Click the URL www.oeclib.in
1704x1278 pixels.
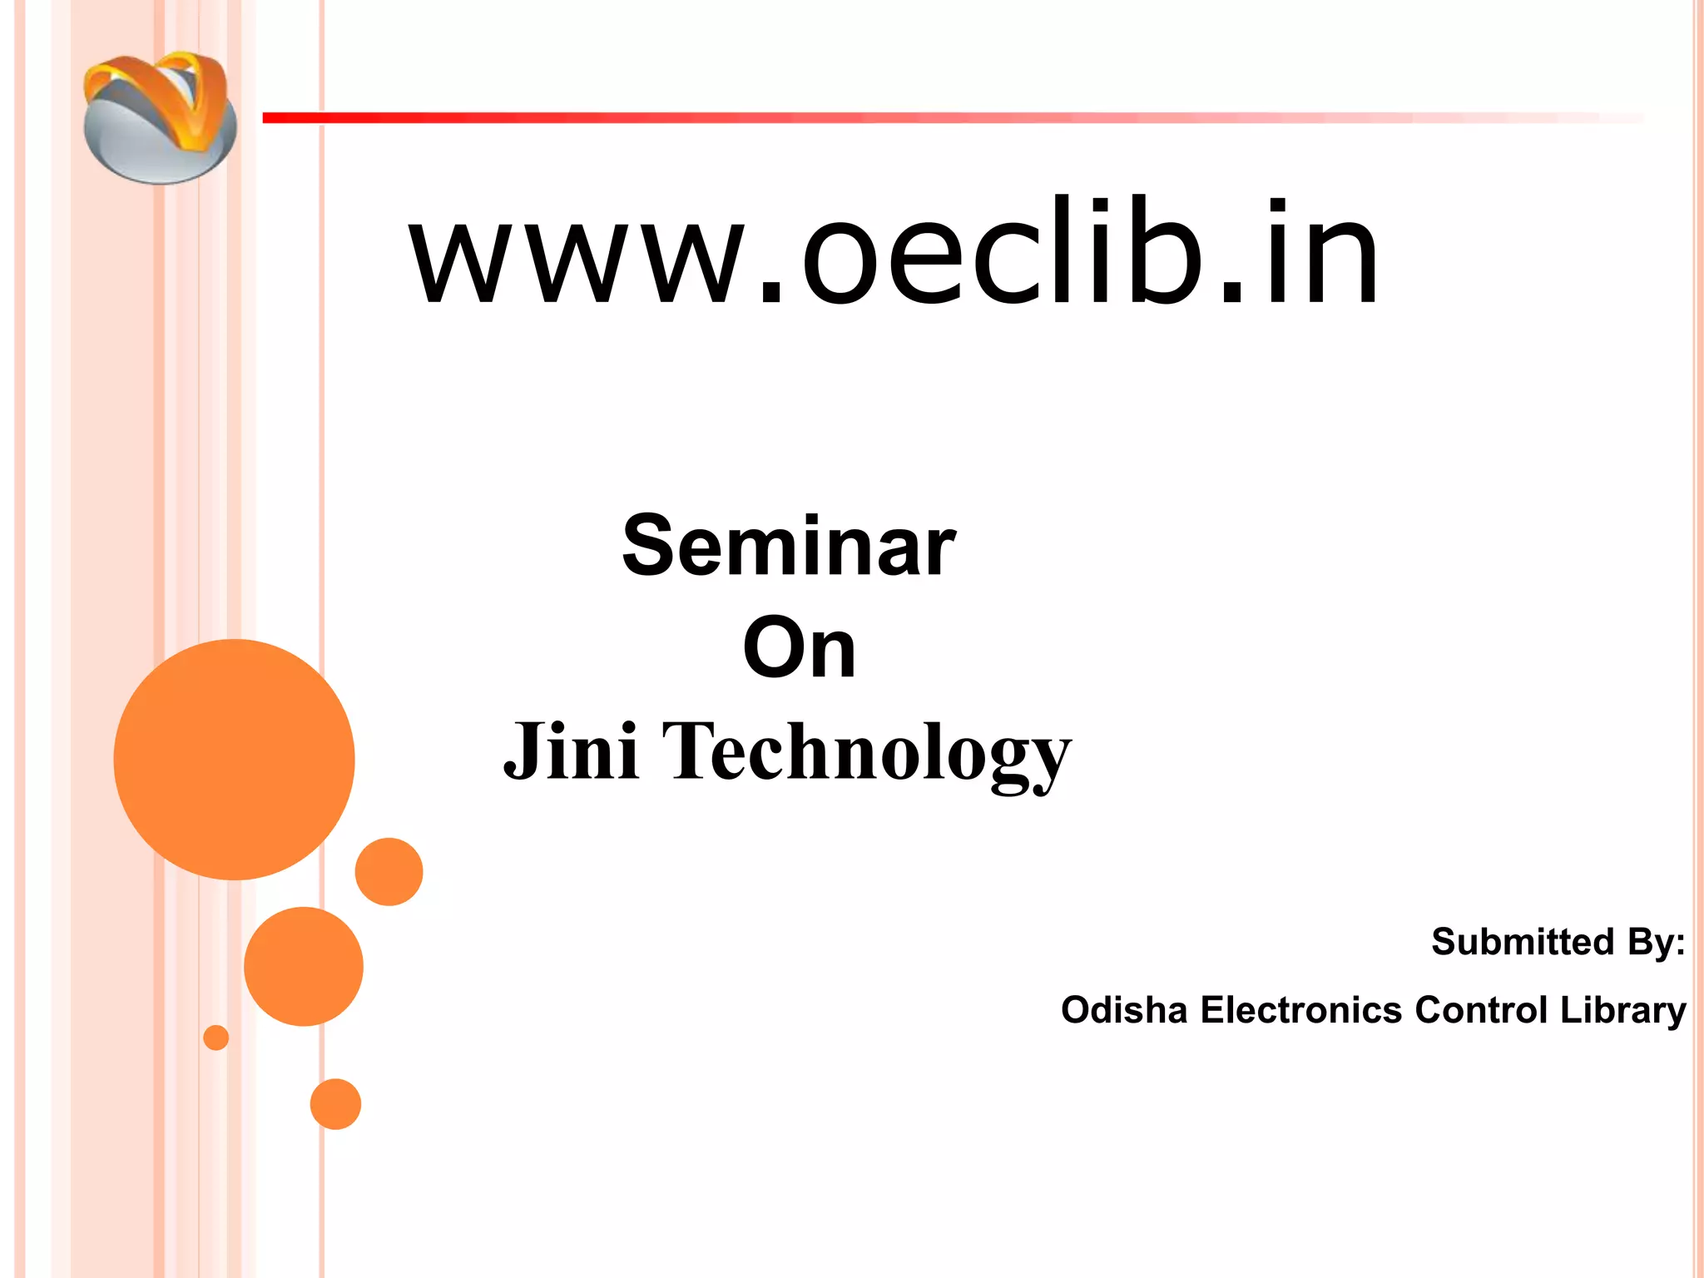pos(894,253)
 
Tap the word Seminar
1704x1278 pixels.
pos(789,546)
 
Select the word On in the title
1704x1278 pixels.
pos(799,649)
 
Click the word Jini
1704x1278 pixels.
pos(572,751)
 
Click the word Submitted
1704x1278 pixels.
pos(1522,942)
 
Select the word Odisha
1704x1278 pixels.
pos(1123,1010)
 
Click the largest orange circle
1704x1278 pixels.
pos(234,759)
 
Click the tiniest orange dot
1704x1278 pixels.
pos(215,1038)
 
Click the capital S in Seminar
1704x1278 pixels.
pos(648,546)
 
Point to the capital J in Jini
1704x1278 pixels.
pos(524,751)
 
